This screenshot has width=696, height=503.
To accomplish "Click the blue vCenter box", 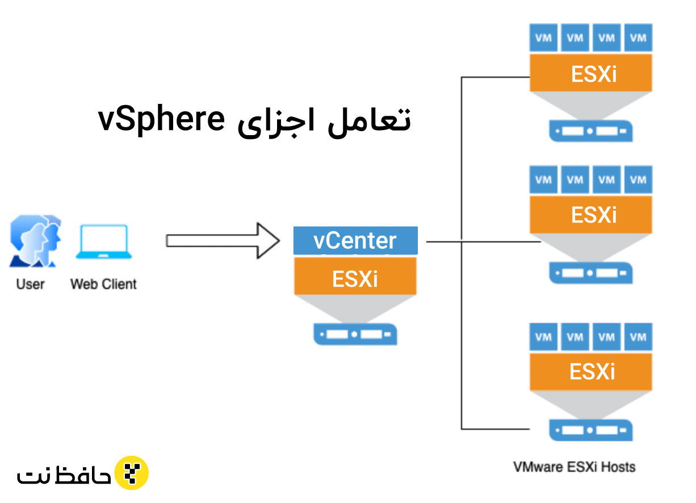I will pos(355,241).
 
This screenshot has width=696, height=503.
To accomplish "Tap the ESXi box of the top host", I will pos(591,74).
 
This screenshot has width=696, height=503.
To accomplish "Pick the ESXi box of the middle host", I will pos(591,215).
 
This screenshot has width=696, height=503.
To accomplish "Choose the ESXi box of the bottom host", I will pos(591,372).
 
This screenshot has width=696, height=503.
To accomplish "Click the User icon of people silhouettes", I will pos(35,241).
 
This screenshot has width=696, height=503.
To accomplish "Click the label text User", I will pos(31,283).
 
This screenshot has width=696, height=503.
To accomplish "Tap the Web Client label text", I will pos(103,283).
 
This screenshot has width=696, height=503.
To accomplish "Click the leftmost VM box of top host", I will pos(543,38).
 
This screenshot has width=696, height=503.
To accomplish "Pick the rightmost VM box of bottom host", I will pos(638,337).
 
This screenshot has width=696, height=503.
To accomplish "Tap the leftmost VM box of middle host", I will pos(543,180).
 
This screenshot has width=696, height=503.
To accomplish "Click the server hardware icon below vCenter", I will pos(355,334).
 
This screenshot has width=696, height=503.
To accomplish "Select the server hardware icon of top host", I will pos(591,131).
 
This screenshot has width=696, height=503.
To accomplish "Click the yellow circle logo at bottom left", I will pos(132,472).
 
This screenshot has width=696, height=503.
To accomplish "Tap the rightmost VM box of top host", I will pos(638,38).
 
